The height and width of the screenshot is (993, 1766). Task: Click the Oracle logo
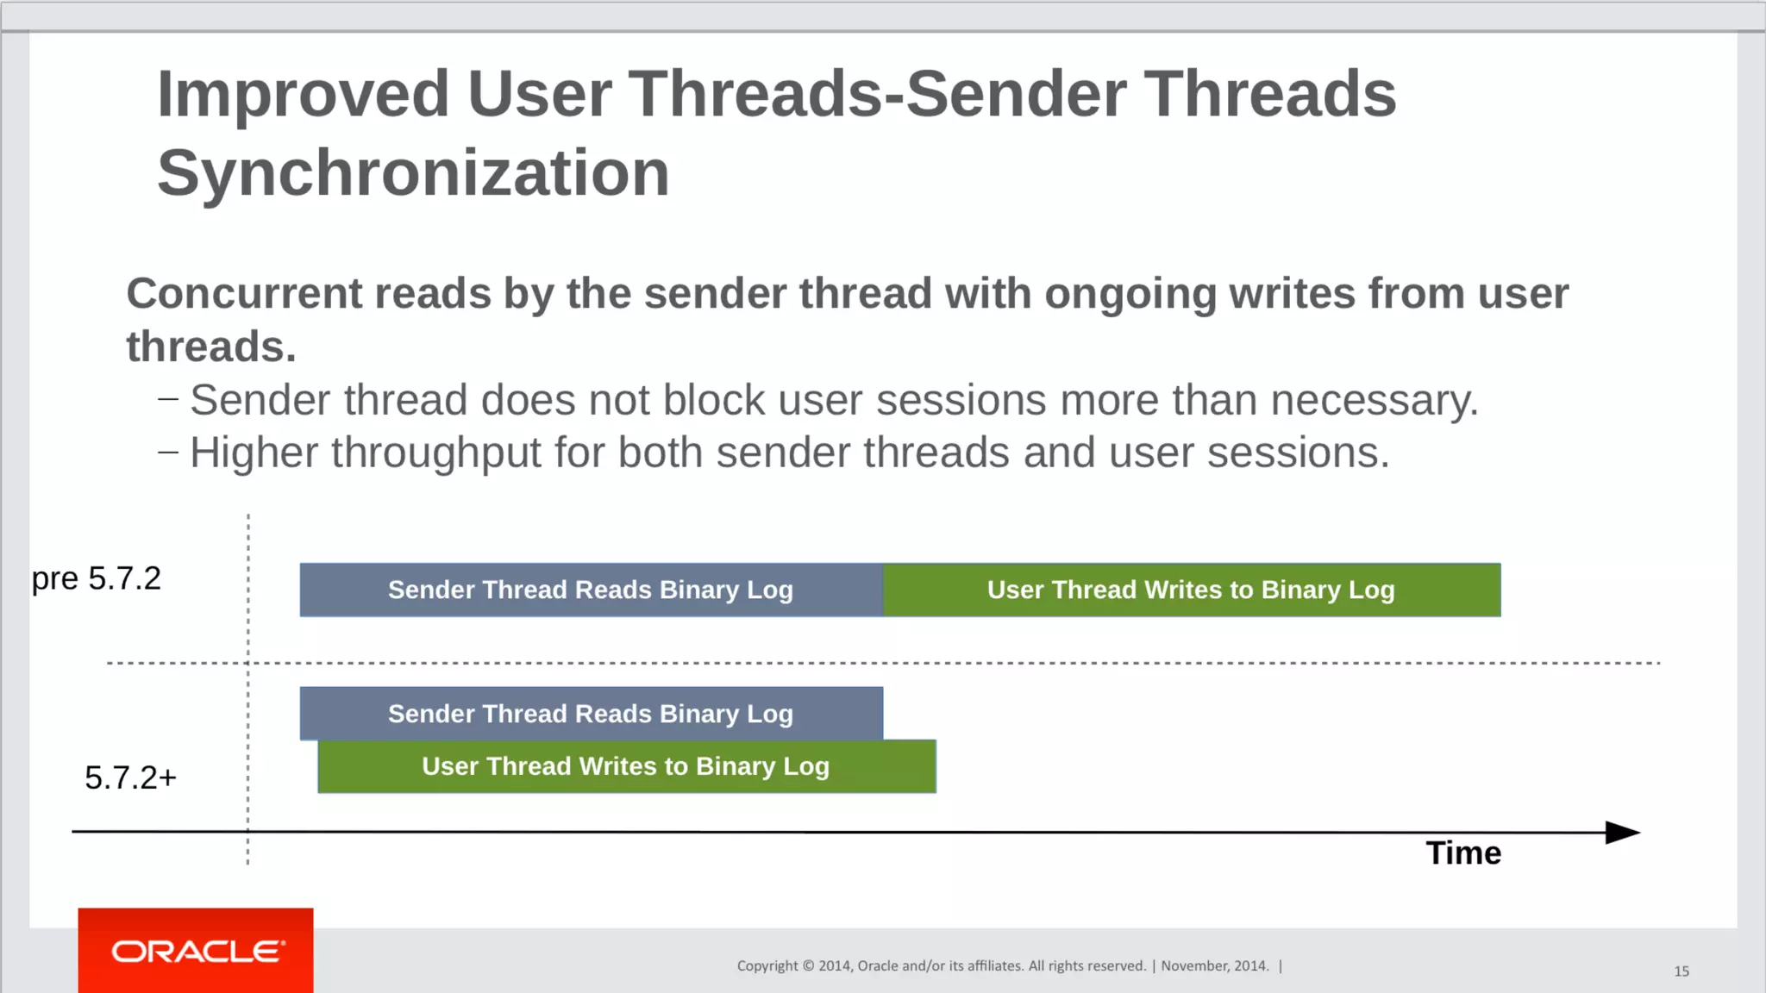[x=197, y=951]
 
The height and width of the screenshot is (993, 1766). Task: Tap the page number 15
[x=1681, y=971]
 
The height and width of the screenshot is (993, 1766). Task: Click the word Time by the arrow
[x=1463, y=853]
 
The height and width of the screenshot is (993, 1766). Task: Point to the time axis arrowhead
[x=1623, y=833]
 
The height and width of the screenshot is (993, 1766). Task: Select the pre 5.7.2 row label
[x=97, y=578]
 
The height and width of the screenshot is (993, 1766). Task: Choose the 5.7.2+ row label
[x=130, y=778]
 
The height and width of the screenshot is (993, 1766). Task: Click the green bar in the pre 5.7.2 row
[x=1192, y=590]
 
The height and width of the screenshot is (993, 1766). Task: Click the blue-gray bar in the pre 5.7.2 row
[x=591, y=590]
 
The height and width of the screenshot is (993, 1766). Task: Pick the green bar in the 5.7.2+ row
[x=626, y=766]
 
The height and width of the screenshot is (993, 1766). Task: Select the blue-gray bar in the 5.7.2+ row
[x=591, y=714]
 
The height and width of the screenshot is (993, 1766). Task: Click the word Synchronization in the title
[x=413, y=173]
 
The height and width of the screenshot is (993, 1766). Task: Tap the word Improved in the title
[x=304, y=94]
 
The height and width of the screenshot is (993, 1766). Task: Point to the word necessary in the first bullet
[x=1374, y=401]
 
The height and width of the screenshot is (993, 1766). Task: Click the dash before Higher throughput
[x=168, y=451]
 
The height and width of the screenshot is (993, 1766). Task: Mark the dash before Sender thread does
[x=168, y=398]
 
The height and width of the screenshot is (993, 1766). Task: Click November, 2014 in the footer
[x=1214, y=966]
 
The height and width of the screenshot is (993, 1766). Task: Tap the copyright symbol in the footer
[x=808, y=966]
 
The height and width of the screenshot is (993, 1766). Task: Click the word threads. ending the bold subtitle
[x=211, y=347]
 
